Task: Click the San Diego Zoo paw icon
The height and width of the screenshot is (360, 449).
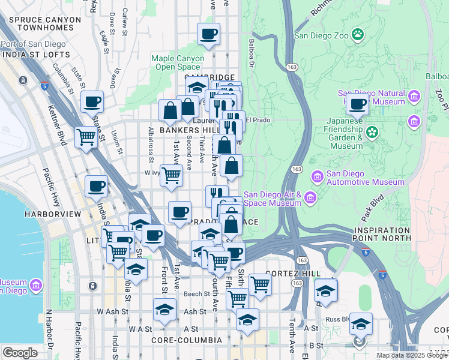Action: (358, 34)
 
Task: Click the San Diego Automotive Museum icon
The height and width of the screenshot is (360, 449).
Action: (318, 177)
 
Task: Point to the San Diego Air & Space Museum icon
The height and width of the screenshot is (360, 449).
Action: (310, 198)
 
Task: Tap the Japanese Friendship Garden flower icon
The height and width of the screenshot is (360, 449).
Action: (372, 132)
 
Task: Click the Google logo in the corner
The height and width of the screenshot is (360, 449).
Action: (20, 353)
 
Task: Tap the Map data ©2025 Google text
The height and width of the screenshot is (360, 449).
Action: (412, 355)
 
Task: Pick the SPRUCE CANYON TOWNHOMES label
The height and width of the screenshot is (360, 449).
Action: (40, 24)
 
